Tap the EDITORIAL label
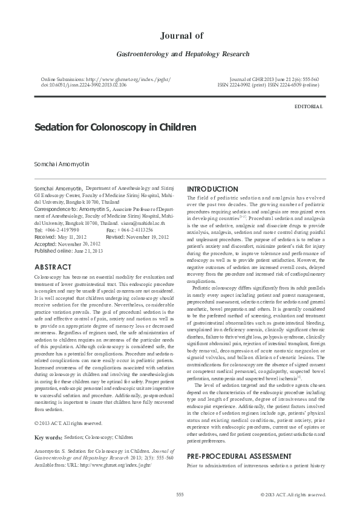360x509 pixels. click(308, 106)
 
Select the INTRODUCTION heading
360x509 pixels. click(212, 189)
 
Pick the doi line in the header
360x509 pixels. click(83, 86)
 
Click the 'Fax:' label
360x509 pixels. click(111, 230)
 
